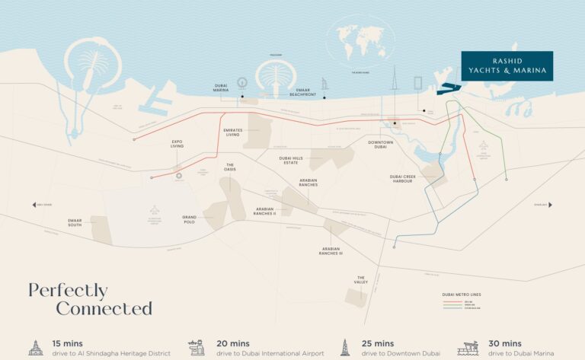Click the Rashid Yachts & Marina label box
coord(507,66)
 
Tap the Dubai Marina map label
coord(222,88)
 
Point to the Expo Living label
coord(177,142)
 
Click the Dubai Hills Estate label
coord(291,160)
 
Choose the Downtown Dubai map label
coord(379,145)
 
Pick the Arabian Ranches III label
coord(331,250)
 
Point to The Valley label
coord(361,281)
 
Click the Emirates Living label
coord(233,132)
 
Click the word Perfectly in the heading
coord(68,291)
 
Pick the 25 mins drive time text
coord(378,344)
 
